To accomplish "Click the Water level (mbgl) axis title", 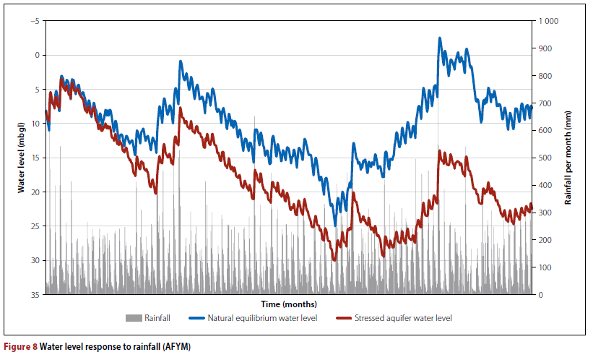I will click(x=22, y=158).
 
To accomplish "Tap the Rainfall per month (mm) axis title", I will click(x=568, y=158).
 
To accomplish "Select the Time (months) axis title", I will click(x=289, y=304).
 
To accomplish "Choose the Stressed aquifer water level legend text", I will click(x=405, y=318).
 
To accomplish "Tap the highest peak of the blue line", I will click(x=440, y=38).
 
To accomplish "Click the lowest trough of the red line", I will click(x=334, y=260).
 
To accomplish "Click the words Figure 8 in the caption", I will click(x=22, y=347).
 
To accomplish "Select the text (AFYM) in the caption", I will click(x=175, y=347).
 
